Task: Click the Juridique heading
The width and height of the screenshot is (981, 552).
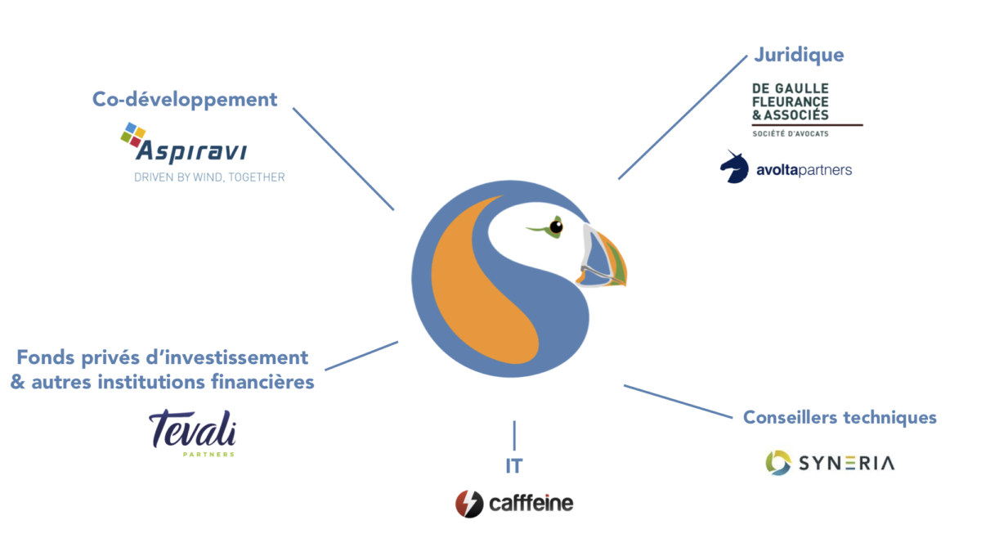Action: click(798, 56)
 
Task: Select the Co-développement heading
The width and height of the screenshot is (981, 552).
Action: click(185, 100)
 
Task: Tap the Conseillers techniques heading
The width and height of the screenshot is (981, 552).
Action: click(840, 418)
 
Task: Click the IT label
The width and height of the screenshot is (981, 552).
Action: click(513, 466)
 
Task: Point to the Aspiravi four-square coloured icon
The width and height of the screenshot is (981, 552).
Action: click(132, 134)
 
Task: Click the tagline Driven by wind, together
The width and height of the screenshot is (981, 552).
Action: click(209, 177)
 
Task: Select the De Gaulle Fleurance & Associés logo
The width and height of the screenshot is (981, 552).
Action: click(790, 103)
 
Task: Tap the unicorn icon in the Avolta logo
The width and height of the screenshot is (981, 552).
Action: click(733, 166)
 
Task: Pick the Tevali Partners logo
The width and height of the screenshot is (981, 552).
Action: click(193, 432)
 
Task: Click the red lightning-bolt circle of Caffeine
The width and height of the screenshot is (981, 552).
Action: click(469, 503)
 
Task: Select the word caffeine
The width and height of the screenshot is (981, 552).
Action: click(531, 503)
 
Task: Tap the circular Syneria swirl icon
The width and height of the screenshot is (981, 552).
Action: click(778, 462)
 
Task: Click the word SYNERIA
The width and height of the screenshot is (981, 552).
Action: click(845, 463)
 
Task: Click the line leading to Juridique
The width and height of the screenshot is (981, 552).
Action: click(683, 117)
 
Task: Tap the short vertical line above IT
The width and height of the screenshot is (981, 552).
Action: click(514, 433)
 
